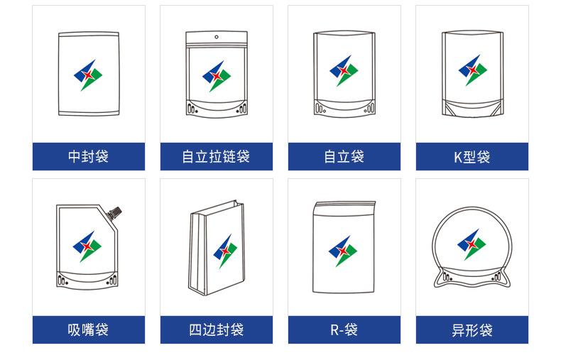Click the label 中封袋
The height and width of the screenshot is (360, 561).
tap(88, 157)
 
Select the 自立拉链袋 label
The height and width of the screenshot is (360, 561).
tap(216, 157)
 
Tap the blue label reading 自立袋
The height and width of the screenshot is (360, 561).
tap(344, 157)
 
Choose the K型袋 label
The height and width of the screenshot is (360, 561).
tap(472, 157)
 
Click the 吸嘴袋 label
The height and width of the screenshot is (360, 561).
tap(88, 330)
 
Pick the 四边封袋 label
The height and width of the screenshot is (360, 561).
tap(216, 330)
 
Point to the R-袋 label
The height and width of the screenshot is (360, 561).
tap(344, 330)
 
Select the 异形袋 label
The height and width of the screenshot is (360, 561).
tap(472, 330)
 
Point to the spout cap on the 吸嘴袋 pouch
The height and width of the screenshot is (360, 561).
tap(115, 211)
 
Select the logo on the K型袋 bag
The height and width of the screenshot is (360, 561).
tap(472, 71)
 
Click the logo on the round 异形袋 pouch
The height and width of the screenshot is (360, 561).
tap(472, 243)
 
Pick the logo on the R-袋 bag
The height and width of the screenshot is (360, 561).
tap(344, 250)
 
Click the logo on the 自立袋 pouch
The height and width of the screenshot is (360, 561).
tap(344, 71)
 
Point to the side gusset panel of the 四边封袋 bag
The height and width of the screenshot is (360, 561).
tap(197, 252)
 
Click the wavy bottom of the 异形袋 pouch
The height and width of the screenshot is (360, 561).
tap(472, 281)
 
